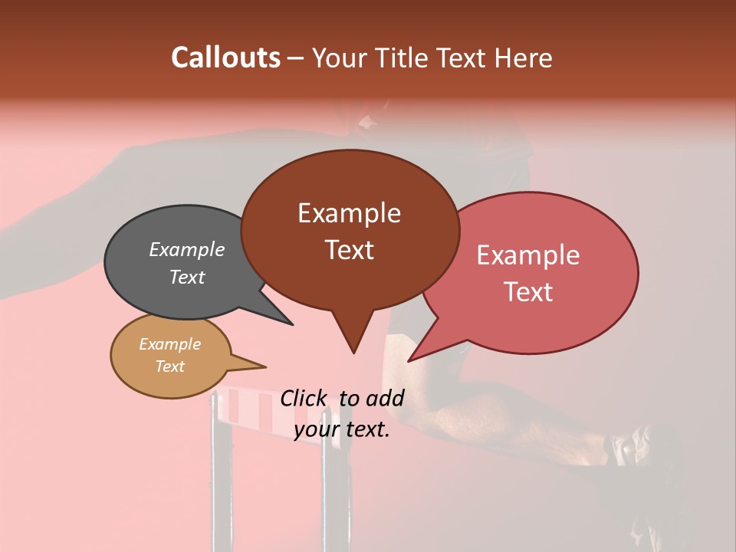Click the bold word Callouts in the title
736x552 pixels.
[225, 58]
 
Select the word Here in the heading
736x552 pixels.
[523, 58]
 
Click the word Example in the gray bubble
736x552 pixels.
[187, 249]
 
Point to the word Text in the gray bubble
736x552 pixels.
[187, 277]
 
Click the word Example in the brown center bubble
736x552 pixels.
[349, 213]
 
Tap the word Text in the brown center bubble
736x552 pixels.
[349, 249]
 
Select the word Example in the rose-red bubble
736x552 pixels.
[528, 255]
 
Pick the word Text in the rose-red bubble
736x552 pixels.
[528, 291]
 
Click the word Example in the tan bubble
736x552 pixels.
[169, 344]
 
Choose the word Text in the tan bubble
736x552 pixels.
[169, 366]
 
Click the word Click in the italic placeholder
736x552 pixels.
[304, 398]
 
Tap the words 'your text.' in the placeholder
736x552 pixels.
[342, 429]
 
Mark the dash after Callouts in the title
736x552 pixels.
[296, 58]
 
